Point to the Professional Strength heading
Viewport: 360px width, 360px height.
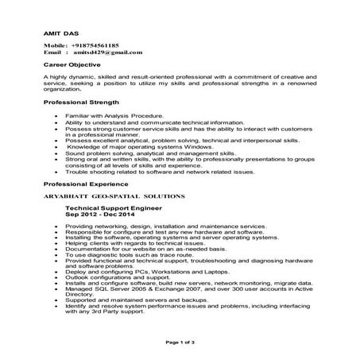[82, 103]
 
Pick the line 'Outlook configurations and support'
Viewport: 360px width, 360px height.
[119, 277]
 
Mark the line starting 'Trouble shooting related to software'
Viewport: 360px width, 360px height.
[160, 171]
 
